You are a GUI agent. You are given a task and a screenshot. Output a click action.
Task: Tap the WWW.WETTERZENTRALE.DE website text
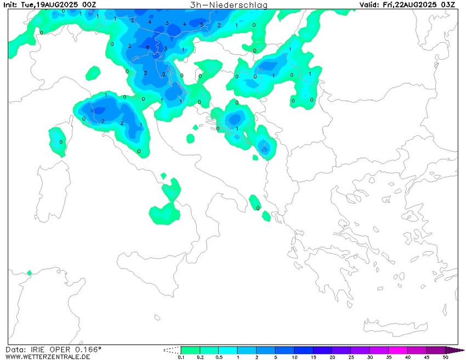tap(48, 357)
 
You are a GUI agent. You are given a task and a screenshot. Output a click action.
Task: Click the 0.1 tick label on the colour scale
tap(181, 357)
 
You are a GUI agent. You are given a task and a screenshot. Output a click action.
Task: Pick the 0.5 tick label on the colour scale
tap(219, 357)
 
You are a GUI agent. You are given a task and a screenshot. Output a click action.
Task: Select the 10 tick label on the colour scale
tap(294, 357)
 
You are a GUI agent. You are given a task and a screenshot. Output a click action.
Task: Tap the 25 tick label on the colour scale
tap(351, 357)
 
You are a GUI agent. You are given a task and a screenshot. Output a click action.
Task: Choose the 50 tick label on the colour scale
tap(446, 357)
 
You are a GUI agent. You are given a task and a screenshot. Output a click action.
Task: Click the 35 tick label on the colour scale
tap(389, 357)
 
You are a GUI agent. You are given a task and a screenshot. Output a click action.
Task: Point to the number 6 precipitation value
tap(147, 47)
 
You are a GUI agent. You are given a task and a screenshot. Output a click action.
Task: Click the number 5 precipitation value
tap(202, 25)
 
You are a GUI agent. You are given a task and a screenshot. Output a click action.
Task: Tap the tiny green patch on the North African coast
tap(29, 272)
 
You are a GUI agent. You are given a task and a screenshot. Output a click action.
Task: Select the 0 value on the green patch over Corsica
tap(61, 142)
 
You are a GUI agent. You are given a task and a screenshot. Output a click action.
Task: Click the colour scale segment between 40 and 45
tap(417, 350)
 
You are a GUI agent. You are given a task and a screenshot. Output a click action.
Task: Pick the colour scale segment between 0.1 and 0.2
tap(190, 350)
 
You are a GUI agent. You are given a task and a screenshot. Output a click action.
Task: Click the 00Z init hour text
tap(89, 5)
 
